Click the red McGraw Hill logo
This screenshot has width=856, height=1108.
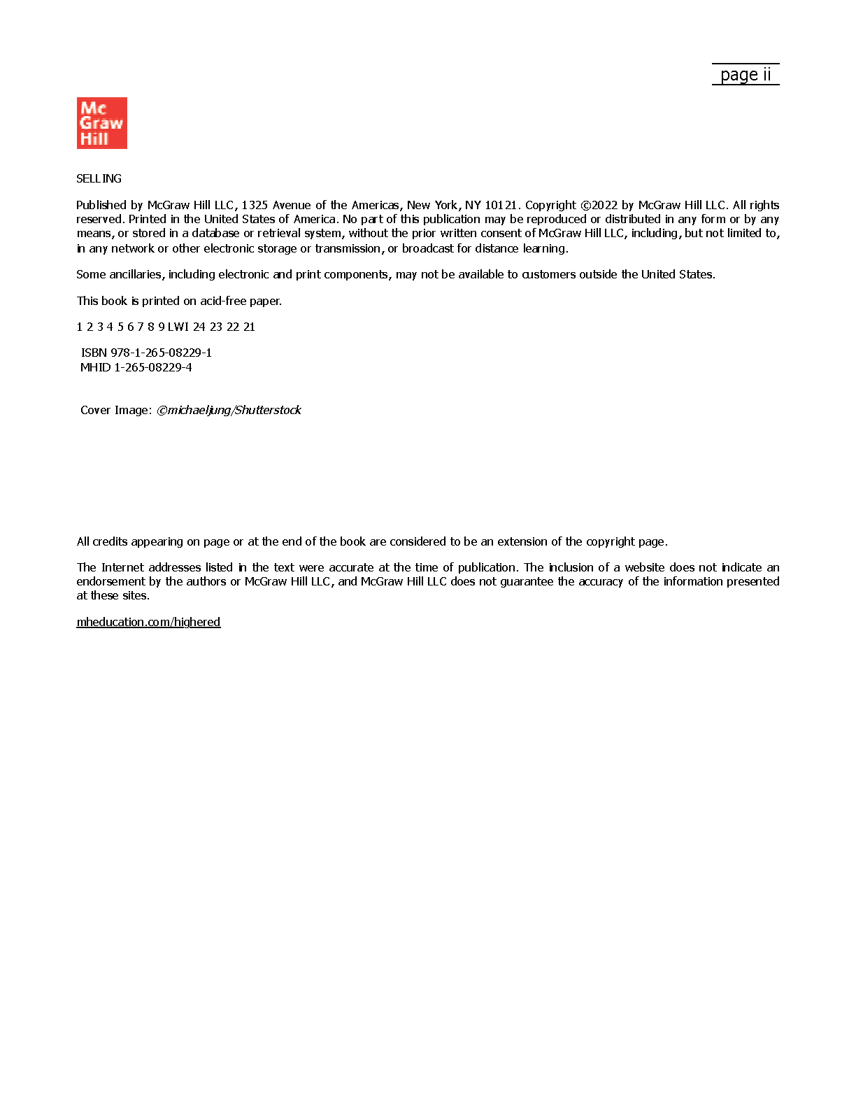click(x=101, y=123)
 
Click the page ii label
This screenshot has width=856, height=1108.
click(x=746, y=75)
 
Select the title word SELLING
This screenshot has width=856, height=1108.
click(x=99, y=178)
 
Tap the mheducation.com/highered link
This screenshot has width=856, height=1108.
click(x=148, y=622)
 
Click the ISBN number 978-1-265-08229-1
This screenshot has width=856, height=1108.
click(x=161, y=353)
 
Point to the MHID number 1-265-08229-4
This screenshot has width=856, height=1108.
click(x=153, y=367)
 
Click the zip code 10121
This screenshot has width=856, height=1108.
click(x=501, y=205)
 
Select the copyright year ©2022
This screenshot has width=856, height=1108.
click(x=599, y=205)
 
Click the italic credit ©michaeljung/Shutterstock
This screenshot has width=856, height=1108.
click(x=229, y=410)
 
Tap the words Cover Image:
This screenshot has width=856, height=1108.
click(x=116, y=410)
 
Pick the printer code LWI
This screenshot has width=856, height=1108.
click(x=178, y=327)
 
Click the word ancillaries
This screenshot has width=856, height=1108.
click(x=136, y=274)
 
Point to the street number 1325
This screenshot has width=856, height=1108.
click(x=255, y=205)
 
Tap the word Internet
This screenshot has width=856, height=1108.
click(x=122, y=567)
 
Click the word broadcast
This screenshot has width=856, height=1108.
click(x=428, y=248)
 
